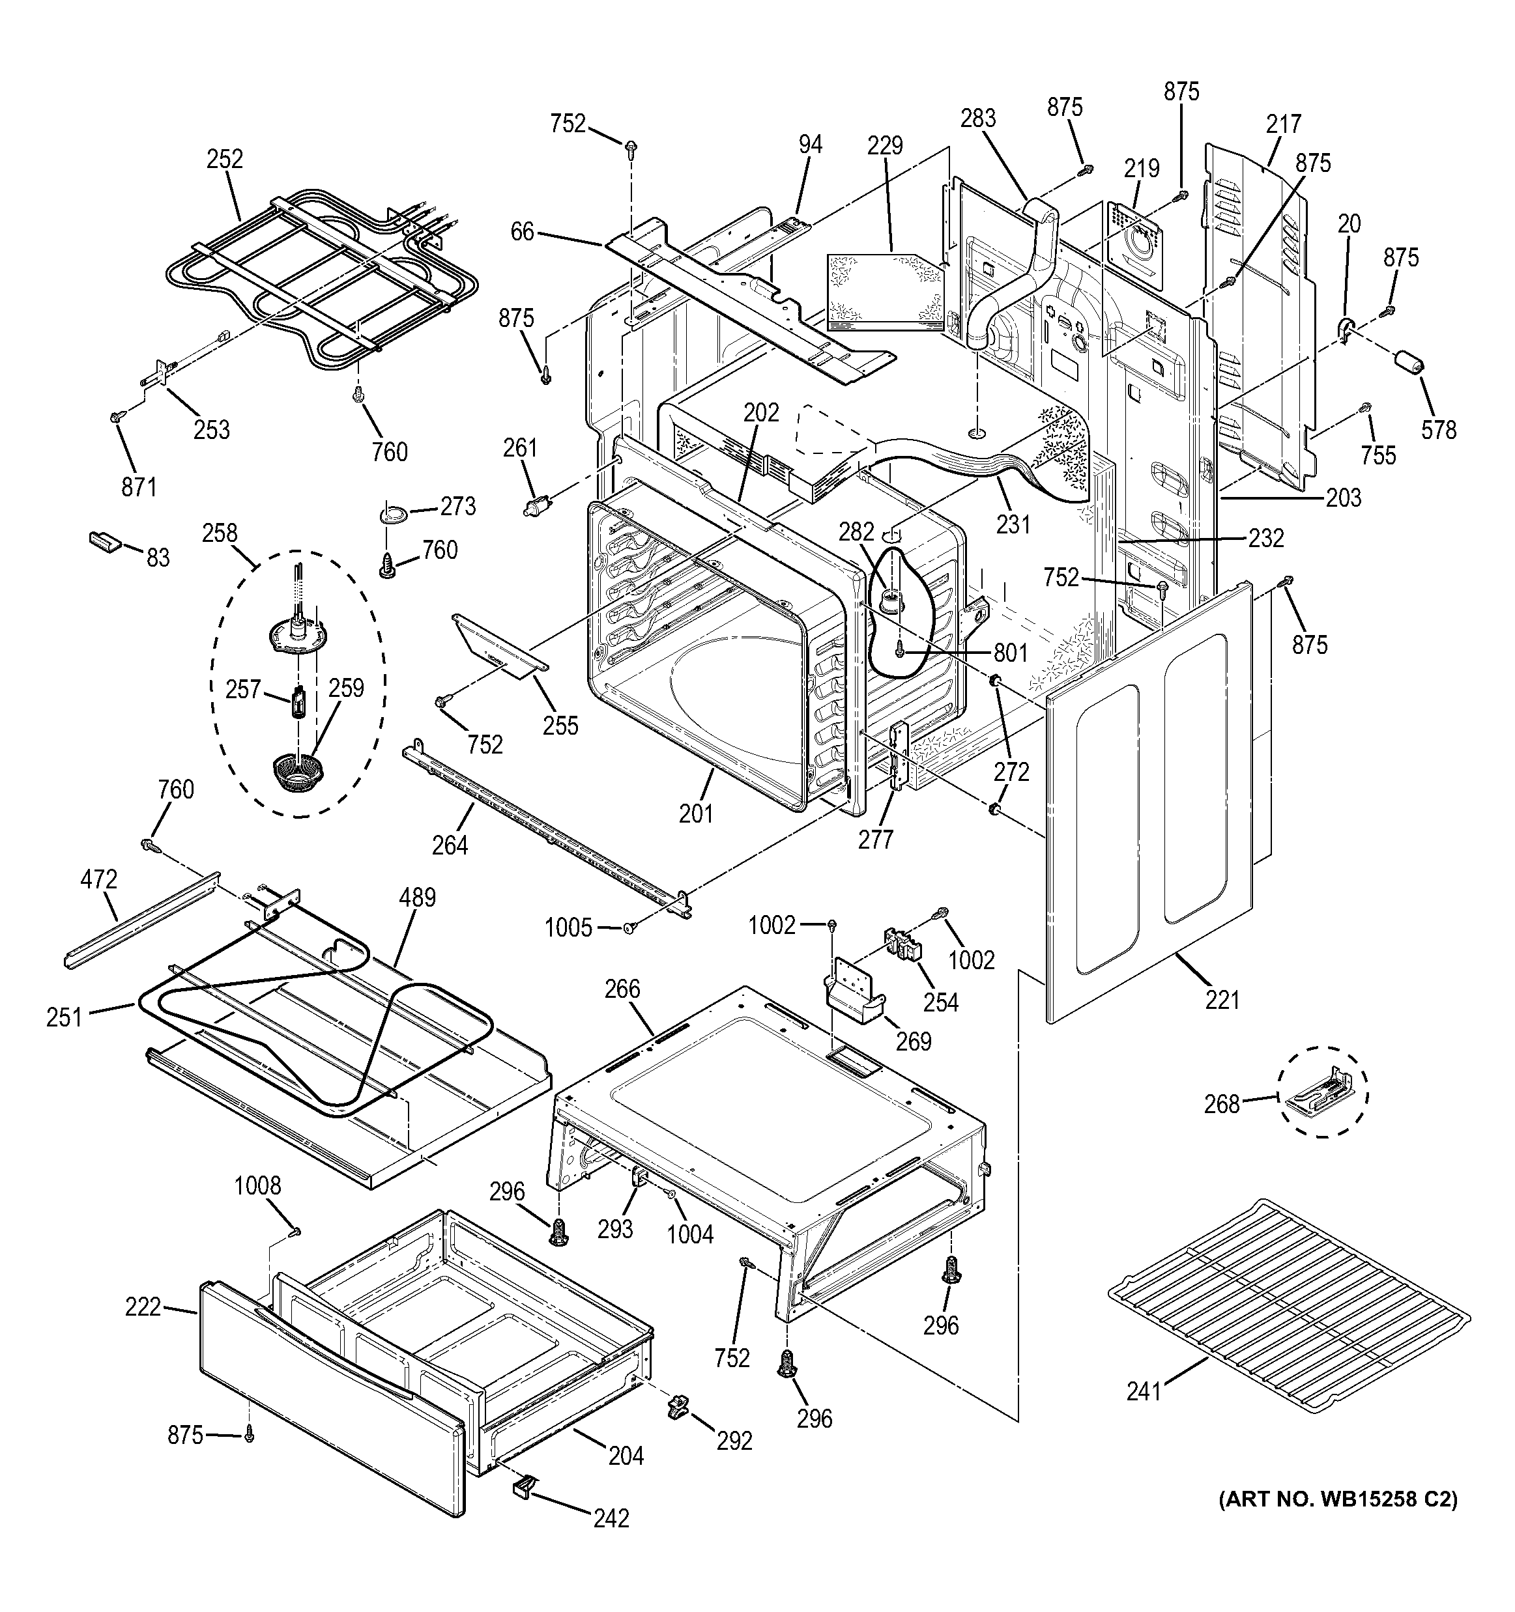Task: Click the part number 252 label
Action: (225, 158)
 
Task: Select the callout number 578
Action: (1439, 429)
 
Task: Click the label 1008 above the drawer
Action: (257, 1185)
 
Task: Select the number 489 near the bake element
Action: (417, 898)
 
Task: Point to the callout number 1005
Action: (568, 927)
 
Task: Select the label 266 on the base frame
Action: (622, 989)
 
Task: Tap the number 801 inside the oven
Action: (1010, 653)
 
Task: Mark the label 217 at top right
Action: (1283, 123)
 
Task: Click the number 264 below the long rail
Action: (450, 845)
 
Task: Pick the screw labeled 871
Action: (115, 416)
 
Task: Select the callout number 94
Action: (809, 145)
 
